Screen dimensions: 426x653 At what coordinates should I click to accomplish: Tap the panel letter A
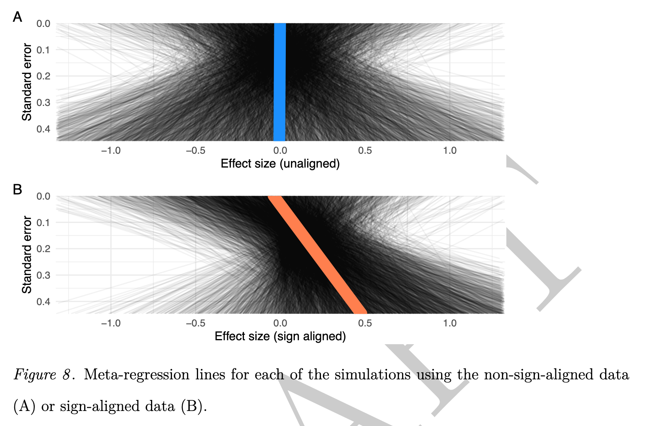[x=17, y=17]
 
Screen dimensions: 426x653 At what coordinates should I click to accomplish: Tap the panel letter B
[x=17, y=190]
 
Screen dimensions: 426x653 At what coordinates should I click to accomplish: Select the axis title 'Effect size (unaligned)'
[x=280, y=164]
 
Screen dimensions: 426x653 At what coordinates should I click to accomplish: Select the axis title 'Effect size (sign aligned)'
[x=280, y=336]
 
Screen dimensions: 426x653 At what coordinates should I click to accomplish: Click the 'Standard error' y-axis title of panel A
[x=26, y=82]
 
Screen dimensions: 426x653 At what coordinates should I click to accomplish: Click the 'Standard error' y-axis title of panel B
[x=26, y=254]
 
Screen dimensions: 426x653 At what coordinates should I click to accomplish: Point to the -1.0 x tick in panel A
[x=111, y=151]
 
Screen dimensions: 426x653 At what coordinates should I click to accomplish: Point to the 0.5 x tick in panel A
[x=365, y=151]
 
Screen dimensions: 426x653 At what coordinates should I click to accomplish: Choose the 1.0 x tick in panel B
[x=449, y=323]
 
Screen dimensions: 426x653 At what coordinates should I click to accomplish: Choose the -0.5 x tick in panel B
[x=195, y=323]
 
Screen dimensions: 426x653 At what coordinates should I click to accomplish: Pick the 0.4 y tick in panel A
[x=43, y=129]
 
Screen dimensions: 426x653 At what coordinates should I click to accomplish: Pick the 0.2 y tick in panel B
[x=43, y=249]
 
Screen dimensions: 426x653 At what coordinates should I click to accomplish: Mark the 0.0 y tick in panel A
[x=43, y=24]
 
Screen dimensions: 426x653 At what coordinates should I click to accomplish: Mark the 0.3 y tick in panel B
[x=43, y=275]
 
